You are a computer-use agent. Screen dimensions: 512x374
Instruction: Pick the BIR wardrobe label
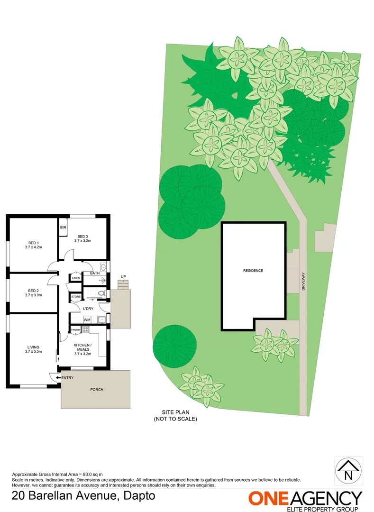pos(63,228)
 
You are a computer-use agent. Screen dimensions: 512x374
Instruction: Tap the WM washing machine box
pos(87,320)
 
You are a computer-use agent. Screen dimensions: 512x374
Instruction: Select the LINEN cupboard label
pos(76,278)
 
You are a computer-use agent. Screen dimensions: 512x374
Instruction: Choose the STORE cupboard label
pos(76,297)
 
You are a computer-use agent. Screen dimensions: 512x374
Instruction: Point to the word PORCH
pos(97,390)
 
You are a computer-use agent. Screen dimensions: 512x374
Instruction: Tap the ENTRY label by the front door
pos(67,377)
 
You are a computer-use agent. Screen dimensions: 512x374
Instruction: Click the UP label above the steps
pos(123,276)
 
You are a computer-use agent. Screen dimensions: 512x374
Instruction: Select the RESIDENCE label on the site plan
pos(253,271)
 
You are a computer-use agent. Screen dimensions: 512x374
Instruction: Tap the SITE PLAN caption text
pos(175,413)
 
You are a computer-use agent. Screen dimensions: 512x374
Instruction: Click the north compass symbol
pos(349,471)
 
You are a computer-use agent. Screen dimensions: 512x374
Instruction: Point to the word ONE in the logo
pos(269,498)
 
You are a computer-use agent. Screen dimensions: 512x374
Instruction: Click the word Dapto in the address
pos(139,496)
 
